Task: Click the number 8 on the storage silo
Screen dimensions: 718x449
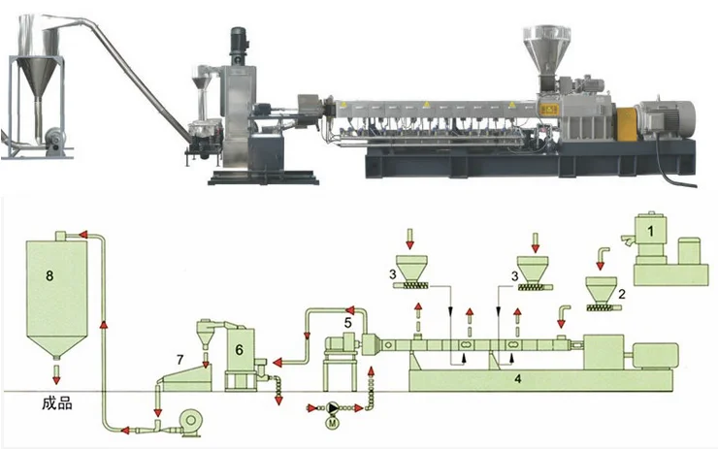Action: [49, 275]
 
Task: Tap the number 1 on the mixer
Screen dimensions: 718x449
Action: [651, 231]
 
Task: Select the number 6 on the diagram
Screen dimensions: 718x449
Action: [239, 350]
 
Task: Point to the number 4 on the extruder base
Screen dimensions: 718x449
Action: [518, 379]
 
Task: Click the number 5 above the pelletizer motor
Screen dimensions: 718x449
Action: [348, 323]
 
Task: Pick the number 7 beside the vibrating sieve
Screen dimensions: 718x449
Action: [180, 359]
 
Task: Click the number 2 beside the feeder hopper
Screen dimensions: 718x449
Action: [621, 294]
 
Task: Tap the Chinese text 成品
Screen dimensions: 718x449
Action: [57, 403]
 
